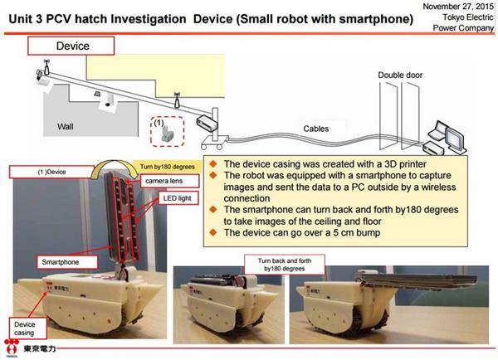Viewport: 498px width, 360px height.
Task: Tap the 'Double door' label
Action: coord(401,75)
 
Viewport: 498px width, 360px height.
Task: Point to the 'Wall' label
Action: coord(66,127)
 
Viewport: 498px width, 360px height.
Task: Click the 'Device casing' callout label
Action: coord(25,326)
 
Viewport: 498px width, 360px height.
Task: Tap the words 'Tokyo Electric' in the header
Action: coord(462,19)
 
